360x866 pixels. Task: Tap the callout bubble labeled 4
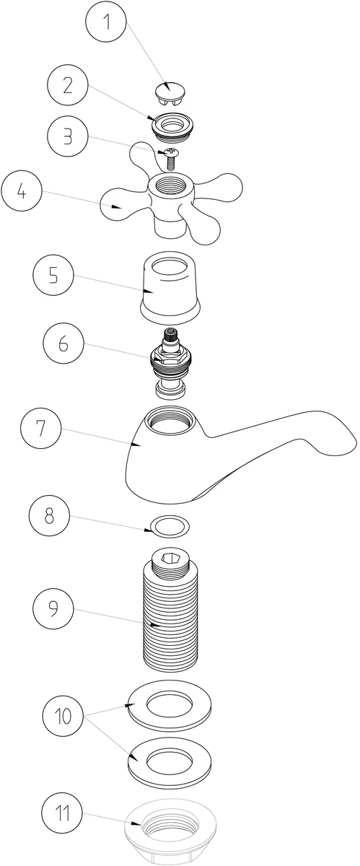pos(22,191)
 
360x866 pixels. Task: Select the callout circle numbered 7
pos(41,429)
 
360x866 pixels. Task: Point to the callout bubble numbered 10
pos(63,716)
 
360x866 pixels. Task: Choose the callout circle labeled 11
pos(63,813)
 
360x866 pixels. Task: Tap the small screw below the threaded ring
pos(170,159)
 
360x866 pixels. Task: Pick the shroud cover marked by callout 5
pos(170,287)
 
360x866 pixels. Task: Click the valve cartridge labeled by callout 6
pos(170,362)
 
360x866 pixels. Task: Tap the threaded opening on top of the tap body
pos(170,421)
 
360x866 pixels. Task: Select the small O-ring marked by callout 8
pos(170,526)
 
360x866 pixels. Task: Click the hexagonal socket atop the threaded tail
pos(171,559)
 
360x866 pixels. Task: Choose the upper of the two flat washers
pos(170,705)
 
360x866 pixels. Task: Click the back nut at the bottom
pos(170,831)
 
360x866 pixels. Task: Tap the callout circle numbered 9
pos(53,608)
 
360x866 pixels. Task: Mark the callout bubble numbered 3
pos(68,136)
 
